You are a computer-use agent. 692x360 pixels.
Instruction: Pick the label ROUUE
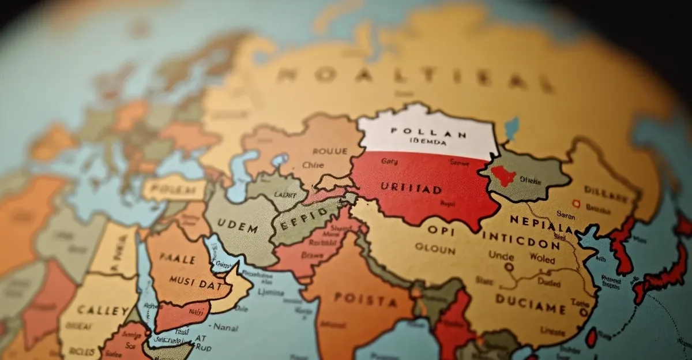coord(330,151)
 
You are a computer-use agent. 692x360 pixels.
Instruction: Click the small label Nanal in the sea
coord(225,327)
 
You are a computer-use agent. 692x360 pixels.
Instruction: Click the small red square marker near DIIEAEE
coord(575,202)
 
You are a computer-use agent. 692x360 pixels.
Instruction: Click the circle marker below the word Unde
coord(509,267)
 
